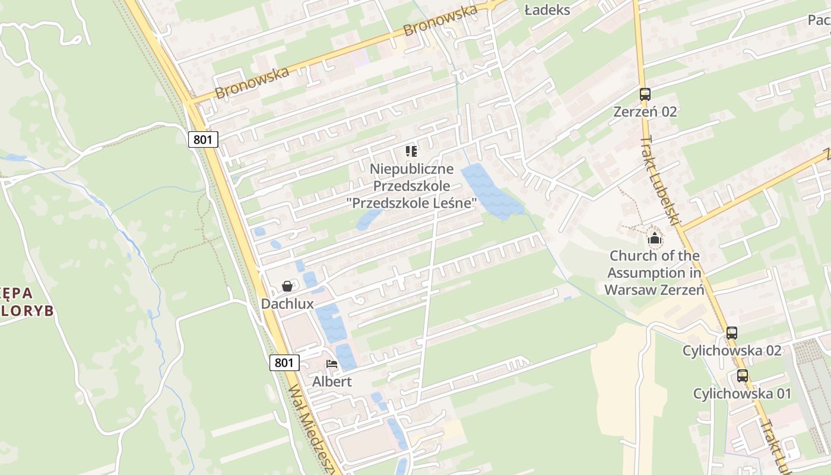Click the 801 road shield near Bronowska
(x=203, y=140)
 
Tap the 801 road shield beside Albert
(x=284, y=362)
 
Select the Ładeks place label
(x=547, y=9)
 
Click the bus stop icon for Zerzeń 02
(x=645, y=94)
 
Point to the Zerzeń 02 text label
(x=645, y=112)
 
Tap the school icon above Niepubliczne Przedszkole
(x=411, y=151)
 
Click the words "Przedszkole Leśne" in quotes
(x=411, y=203)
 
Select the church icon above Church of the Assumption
(x=654, y=239)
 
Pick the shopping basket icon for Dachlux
(x=287, y=286)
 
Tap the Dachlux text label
(x=287, y=304)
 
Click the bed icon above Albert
(x=332, y=363)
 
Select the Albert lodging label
(x=332, y=382)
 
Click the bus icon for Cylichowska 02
(x=731, y=333)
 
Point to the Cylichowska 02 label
(x=731, y=351)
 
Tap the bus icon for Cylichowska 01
(x=742, y=376)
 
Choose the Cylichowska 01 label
(x=742, y=394)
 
